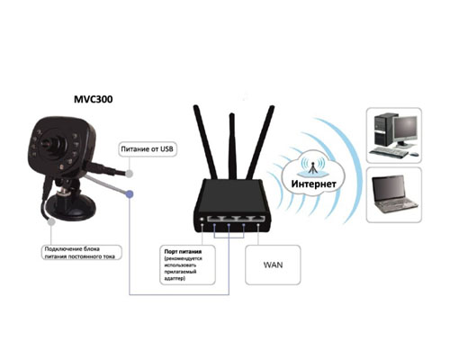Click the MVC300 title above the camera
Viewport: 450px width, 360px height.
(94, 99)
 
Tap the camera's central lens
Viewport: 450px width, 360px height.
(49, 142)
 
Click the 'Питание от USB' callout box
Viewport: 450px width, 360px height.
(148, 149)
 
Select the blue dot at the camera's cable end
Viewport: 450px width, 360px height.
(130, 194)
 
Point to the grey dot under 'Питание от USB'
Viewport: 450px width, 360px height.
(130, 173)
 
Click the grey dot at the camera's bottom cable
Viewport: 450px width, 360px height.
(51, 221)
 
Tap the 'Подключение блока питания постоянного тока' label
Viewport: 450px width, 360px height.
(81, 253)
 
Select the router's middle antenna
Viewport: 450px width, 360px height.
(232, 147)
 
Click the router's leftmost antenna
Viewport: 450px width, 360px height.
(205, 142)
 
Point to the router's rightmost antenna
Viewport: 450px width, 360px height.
(260, 142)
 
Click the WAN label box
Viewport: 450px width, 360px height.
(273, 265)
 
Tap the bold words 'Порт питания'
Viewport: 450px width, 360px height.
(183, 252)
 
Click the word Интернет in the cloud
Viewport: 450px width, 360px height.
(313, 184)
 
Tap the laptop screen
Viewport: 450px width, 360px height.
(390, 189)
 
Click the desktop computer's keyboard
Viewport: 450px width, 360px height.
(389, 152)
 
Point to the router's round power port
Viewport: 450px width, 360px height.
(202, 220)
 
